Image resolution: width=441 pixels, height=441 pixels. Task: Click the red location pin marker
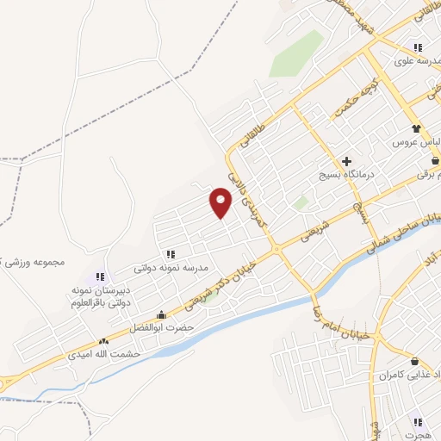pyautogui.click(x=221, y=203)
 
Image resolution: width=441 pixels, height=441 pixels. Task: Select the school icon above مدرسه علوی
pyautogui.click(x=418, y=47)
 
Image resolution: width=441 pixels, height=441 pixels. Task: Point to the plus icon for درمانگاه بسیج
pyautogui.click(x=347, y=161)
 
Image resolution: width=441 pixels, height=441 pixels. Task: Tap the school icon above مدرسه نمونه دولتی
pyautogui.click(x=171, y=254)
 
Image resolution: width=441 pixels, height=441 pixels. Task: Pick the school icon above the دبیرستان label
pyautogui.click(x=101, y=277)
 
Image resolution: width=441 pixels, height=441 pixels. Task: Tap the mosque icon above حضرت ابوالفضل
pyautogui.click(x=161, y=314)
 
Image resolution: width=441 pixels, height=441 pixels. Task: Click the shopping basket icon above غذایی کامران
pyautogui.click(x=416, y=361)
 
